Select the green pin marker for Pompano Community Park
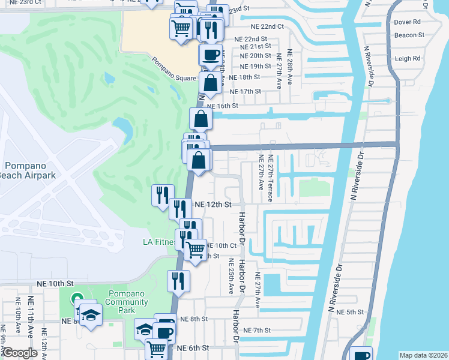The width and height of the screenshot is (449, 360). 77,298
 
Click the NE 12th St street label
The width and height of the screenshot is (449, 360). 213,205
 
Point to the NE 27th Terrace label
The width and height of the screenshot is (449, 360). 271,178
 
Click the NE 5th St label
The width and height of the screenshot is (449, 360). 351,312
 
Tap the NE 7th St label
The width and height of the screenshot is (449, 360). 258,331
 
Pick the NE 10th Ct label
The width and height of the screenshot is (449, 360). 221,245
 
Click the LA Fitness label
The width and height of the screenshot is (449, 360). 159,242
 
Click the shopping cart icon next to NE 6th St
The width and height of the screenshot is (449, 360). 156,347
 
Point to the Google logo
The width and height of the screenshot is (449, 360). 20,353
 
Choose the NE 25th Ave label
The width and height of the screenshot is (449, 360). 231,277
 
